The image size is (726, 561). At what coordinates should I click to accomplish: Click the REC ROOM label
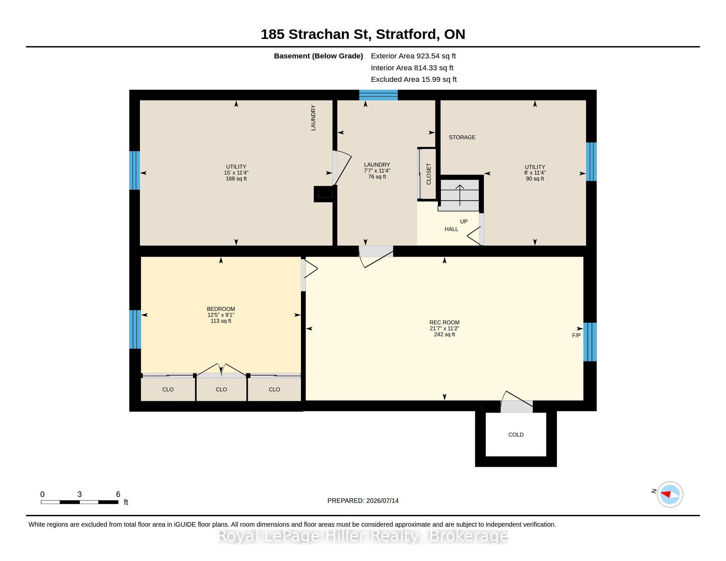click(444, 322)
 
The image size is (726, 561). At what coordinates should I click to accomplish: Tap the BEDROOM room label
click(221, 309)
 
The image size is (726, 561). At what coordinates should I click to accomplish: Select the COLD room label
click(515, 435)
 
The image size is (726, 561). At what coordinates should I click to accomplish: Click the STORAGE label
click(462, 137)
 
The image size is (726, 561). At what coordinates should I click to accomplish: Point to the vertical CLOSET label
click(428, 174)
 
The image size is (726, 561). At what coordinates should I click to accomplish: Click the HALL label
click(451, 229)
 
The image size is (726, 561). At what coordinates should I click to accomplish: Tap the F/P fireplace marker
click(576, 335)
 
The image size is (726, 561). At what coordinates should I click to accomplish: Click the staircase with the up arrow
click(460, 195)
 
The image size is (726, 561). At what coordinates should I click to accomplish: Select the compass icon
click(670, 494)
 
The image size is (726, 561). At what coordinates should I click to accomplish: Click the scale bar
click(80, 502)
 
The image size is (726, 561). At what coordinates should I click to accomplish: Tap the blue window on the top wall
click(378, 95)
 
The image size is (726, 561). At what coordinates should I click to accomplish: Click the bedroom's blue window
click(135, 329)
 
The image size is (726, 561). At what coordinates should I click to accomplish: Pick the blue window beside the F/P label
click(590, 342)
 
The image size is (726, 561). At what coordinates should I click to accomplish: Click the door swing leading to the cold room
click(516, 401)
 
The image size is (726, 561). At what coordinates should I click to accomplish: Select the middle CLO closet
click(221, 389)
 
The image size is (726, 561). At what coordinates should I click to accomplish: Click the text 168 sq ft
click(236, 179)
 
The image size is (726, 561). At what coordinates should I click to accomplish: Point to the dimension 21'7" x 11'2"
click(444, 328)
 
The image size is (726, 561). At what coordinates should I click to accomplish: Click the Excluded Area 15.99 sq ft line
click(413, 80)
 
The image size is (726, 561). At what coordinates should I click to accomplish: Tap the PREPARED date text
click(363, 501)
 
